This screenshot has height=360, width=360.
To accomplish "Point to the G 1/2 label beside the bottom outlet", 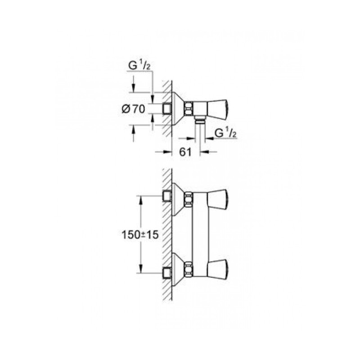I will pyautogui.click(x=225, y=133).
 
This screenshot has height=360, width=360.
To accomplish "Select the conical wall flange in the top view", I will pyautogui.click(x=178, y=108).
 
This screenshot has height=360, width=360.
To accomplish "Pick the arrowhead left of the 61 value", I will pyautogui.click(x=169, y=152).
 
